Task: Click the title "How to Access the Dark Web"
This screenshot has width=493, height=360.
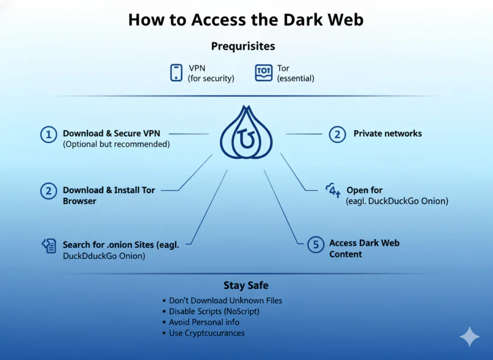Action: point(245,19)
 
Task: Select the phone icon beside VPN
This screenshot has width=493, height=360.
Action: point(176,73)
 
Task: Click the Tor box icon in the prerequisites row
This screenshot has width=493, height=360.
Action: point(264,73)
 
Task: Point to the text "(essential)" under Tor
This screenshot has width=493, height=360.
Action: point(295,78)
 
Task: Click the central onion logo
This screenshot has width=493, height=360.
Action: point(246,134)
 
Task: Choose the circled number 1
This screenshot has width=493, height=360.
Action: point(49,134)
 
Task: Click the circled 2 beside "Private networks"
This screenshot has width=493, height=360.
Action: point(337,134)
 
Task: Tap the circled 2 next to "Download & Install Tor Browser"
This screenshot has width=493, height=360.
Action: point(49,191)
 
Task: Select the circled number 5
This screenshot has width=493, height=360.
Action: point(315,245)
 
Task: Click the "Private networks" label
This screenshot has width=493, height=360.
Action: point(388,134)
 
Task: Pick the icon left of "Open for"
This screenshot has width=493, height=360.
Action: point(333,190)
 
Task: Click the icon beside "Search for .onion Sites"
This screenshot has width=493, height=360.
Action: point(49,245)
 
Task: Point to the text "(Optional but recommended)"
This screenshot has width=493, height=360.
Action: point(116,144)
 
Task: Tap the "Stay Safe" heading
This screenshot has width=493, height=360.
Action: point(245,285)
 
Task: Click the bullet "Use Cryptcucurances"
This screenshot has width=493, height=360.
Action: point(207,333)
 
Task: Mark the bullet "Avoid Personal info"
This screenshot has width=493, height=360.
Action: point(204,322)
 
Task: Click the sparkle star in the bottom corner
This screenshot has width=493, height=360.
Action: point(469,337)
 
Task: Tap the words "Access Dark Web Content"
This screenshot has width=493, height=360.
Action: point(364,248)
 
